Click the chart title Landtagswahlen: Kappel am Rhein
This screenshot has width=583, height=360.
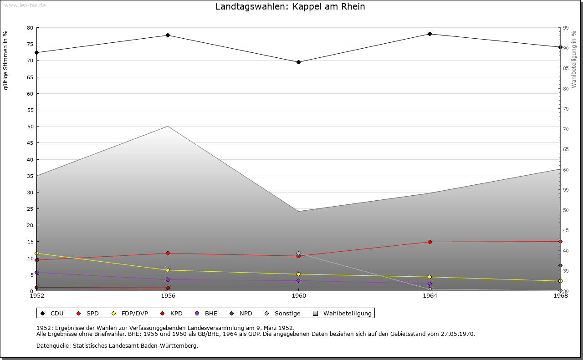click(x=290, y=7)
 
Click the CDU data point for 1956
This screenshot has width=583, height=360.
click(x=168, y=35)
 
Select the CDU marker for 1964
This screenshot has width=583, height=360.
click(x=430, y=34)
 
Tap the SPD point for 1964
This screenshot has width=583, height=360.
click(x=430, y=242)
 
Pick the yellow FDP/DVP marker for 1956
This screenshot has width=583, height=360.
click(x=168, y=270)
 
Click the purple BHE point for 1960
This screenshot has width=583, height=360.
click(x=298, y=280)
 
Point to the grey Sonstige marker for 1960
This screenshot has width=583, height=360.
click(x=298, y=253)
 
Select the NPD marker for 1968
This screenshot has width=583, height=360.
click(x=560, y=265)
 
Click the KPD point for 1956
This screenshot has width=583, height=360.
click(x=168, y=288)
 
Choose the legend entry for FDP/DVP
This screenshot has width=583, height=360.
click(x=134, y=313)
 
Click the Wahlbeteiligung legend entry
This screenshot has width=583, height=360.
click(x=347, y=313)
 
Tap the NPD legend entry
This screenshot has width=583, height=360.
click(x=245, y=313)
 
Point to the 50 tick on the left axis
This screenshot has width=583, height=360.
click(x=30, y=127)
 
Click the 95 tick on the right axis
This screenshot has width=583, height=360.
click(x=566, y=28)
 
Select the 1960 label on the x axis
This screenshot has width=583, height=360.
click(x=298, y=295)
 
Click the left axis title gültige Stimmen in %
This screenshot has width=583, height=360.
click(x=5, y=60)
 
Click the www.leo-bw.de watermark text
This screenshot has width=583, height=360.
click(x=24, y=5)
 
